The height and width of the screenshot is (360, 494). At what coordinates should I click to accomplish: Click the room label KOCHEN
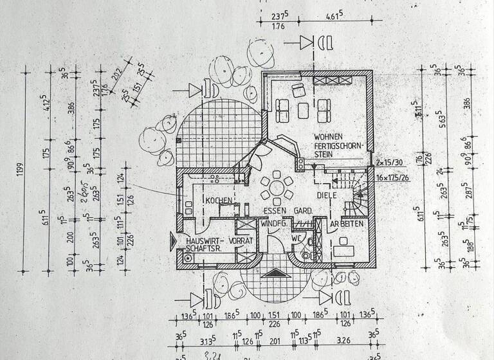tap(219, 201)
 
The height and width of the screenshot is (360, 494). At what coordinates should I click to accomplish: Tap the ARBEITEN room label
tap(347, 224)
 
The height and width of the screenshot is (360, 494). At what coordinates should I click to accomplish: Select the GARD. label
tap(303, 210)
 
